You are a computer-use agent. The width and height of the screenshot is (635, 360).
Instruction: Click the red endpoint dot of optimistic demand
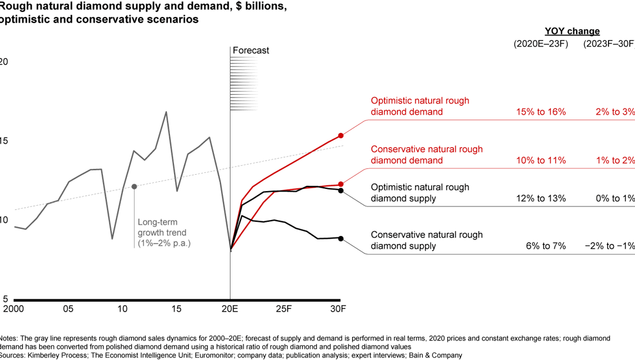pos(340,135)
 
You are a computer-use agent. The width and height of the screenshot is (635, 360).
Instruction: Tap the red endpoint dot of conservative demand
pos(340,185)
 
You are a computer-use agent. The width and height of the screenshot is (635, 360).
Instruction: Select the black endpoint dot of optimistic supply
pos(340,191)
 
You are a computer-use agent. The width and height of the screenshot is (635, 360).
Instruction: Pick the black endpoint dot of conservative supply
pos(340,238)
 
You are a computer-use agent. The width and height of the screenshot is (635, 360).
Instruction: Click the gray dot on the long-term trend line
pos(134,186)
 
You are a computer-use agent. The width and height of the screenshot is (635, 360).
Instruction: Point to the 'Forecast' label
pos(250,51)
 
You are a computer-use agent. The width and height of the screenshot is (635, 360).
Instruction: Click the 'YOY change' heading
pos(571,31)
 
